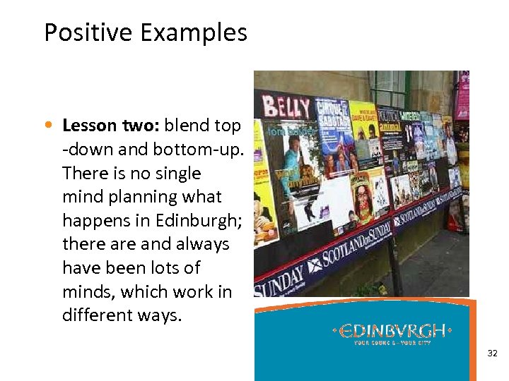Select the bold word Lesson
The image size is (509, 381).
coord(89,126)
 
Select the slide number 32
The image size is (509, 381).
coord(493,353)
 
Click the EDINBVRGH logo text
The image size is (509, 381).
coord(394,331)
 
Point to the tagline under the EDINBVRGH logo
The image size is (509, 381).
coord(394,343)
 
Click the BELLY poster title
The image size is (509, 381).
coord(286,108)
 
